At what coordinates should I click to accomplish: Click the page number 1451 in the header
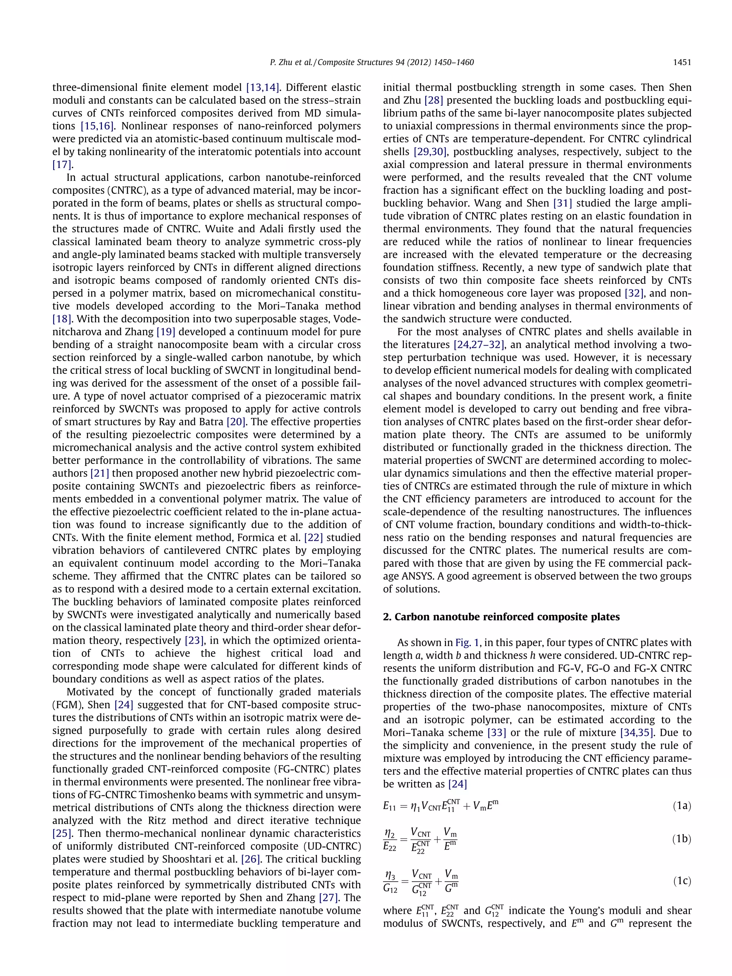(682, 63)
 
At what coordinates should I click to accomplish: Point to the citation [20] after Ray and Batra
(236, 422)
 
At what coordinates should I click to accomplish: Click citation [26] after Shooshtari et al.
(250, 859)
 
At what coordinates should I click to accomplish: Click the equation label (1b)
(682, 839)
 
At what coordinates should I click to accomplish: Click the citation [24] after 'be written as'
(457, 784)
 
